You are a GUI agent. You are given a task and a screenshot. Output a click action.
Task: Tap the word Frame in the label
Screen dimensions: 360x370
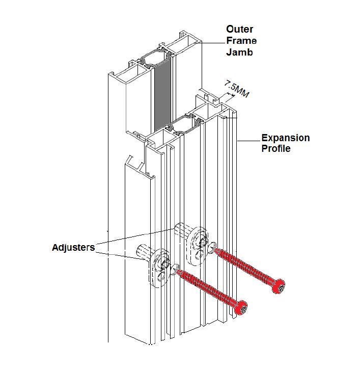click(x=241, y=41)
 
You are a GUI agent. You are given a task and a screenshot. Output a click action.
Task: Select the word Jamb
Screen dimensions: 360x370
click(x=239, y=52)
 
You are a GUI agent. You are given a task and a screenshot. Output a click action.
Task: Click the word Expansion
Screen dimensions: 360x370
click(x=286, y=138)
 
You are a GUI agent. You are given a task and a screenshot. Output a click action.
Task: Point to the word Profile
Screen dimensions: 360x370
click(x=276, y=149)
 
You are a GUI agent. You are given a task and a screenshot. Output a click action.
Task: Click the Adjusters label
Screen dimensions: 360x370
click(x=73, y=248)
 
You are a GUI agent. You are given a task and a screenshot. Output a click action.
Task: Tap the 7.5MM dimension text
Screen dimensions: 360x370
click(x=236, y=89)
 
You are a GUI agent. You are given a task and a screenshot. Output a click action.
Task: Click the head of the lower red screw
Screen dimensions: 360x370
click(x=241, y=308)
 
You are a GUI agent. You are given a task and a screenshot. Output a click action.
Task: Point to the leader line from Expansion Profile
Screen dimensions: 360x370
click(x=248, y=141)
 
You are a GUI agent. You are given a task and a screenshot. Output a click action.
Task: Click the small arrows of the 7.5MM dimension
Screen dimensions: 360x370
click(x=230, y=95)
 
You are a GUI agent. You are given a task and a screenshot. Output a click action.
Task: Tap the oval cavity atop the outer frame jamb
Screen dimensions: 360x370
click(x=154, y=58)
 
